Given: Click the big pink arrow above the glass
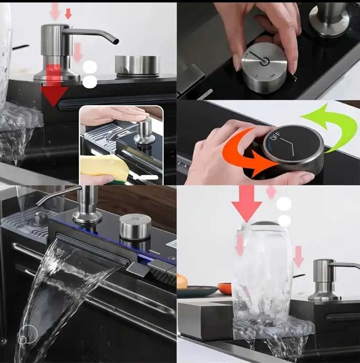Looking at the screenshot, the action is [247, 204].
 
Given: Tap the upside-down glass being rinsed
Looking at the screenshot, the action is [263, 273].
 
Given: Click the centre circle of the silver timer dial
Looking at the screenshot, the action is [265, 61].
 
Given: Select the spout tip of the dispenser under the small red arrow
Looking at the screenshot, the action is [116, 41].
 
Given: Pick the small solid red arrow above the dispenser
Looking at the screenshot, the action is [68, 13].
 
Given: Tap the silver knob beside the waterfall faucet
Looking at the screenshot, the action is [136, 227].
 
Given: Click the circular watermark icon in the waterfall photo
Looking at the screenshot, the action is [28, 334].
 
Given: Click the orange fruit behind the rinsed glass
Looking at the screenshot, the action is [225, 288].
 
